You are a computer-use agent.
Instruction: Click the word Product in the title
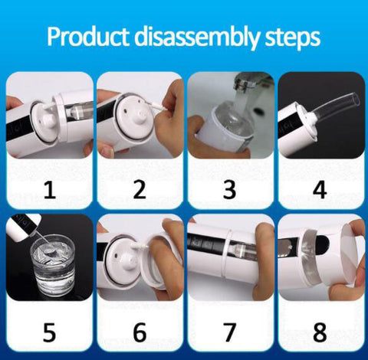(x=87, y=37)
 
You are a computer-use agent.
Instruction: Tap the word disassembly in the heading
(x=197, y=38)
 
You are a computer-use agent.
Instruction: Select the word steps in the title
(x=293, y=39)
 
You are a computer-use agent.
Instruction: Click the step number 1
(x=50, y=190)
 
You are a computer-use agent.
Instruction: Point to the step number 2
(x=140, y=190)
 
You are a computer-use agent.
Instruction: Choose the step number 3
(x=230, y=190)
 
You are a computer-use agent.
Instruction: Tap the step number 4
(x=320, y=190)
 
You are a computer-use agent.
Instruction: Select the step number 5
(x=49, y=332)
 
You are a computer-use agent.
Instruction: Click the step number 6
(x=140, y=332)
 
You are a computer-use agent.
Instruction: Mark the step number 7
(x=230, y=332)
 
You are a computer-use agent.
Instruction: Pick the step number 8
(x=320, y=332)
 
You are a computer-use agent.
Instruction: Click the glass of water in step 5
(x=53, y=266)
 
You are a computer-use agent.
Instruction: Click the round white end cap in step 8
(x=353, y=258)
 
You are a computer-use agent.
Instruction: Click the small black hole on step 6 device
(x=117, y=255)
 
